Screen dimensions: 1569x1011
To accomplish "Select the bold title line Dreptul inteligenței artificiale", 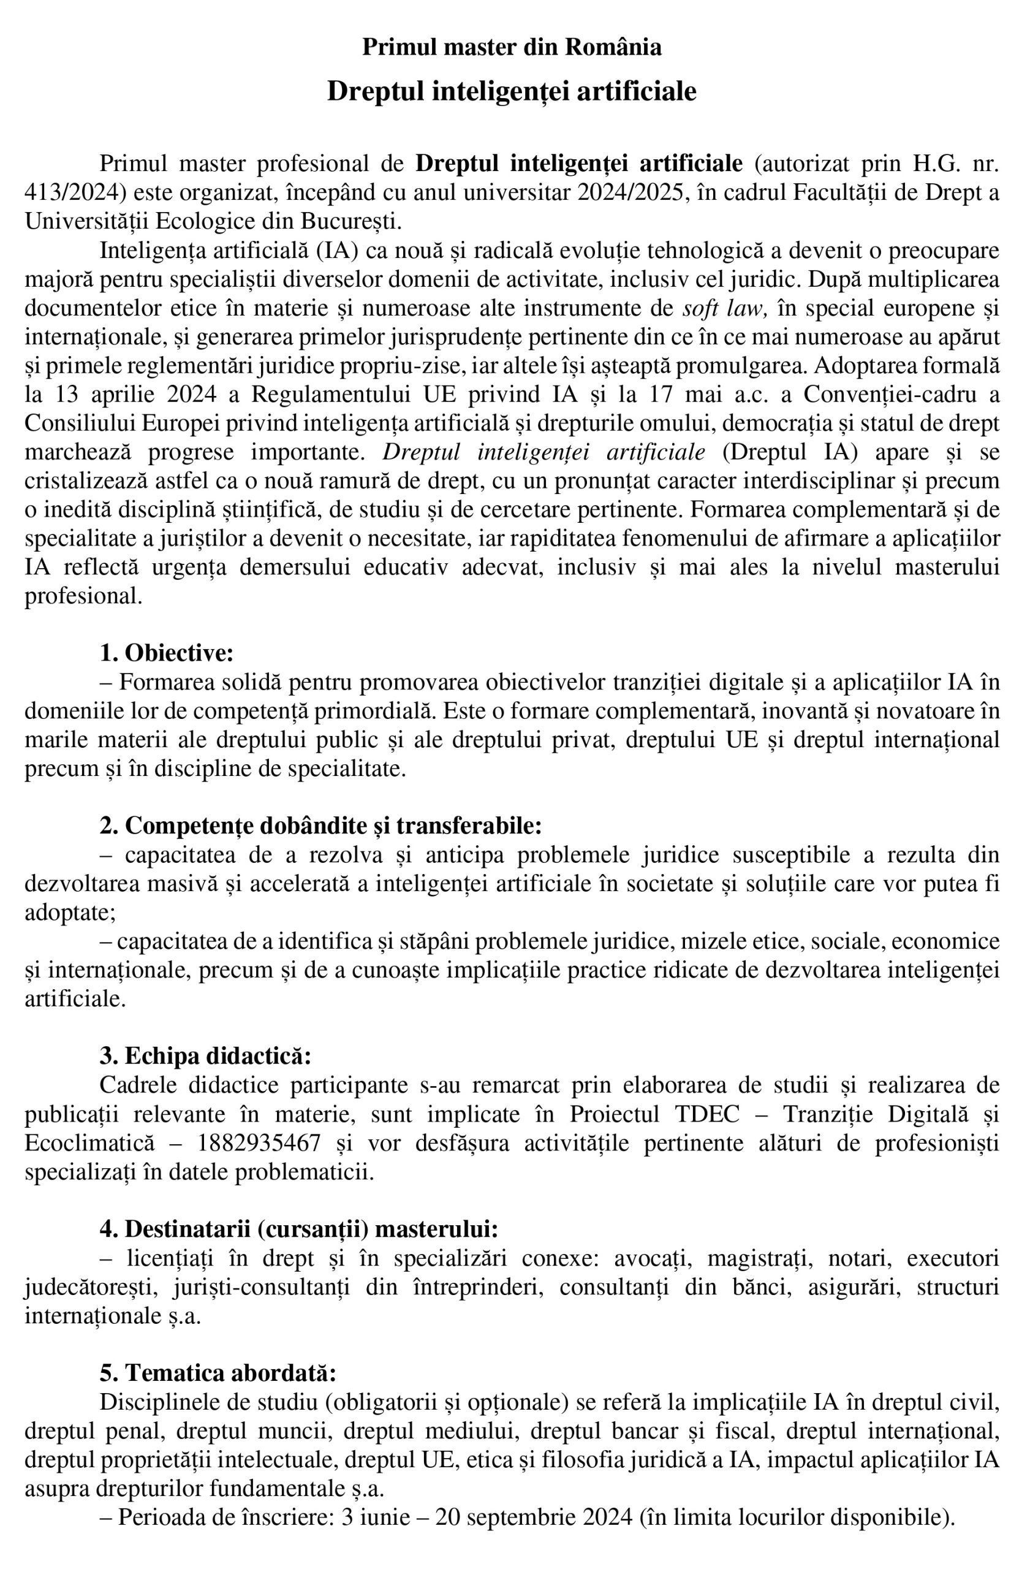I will coord(512,91).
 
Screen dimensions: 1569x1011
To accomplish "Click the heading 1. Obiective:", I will coord(167,653).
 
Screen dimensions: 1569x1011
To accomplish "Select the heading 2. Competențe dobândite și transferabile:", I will coord(321,825).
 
